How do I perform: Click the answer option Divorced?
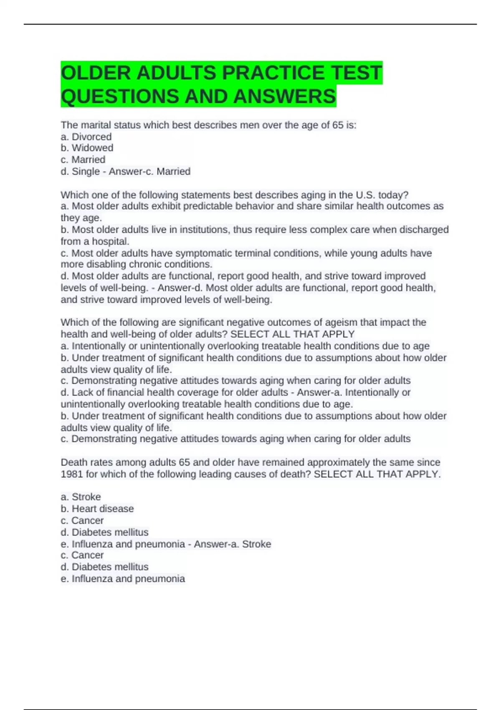tap(91, 137)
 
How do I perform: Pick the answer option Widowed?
tap(92, 148)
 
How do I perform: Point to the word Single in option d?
tap(86, 171)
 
